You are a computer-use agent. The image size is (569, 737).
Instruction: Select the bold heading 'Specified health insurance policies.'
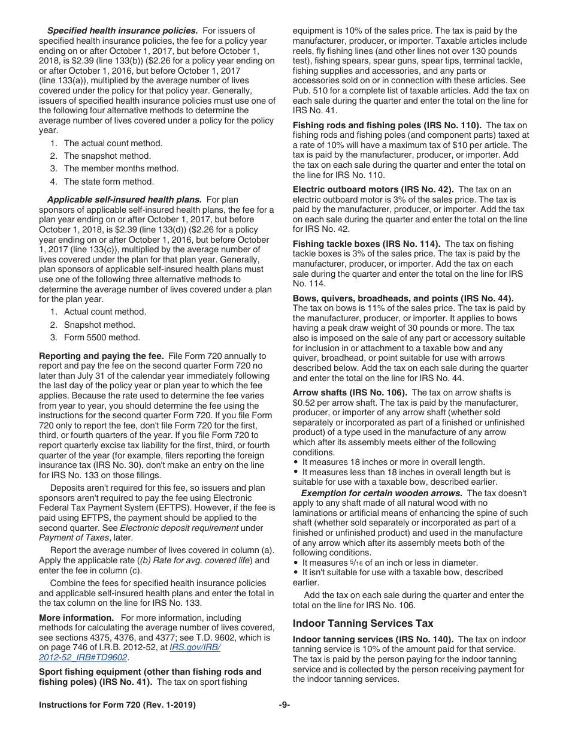122,31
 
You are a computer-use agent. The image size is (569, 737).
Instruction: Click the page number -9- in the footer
284,705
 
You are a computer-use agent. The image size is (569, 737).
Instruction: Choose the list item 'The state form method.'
108,182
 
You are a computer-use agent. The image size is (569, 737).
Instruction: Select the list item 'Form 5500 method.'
102,337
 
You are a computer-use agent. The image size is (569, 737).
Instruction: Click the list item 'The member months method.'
121,168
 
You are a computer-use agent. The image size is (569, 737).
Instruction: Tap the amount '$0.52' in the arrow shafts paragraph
304,403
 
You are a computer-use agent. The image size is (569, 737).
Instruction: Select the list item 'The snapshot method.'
107,156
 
